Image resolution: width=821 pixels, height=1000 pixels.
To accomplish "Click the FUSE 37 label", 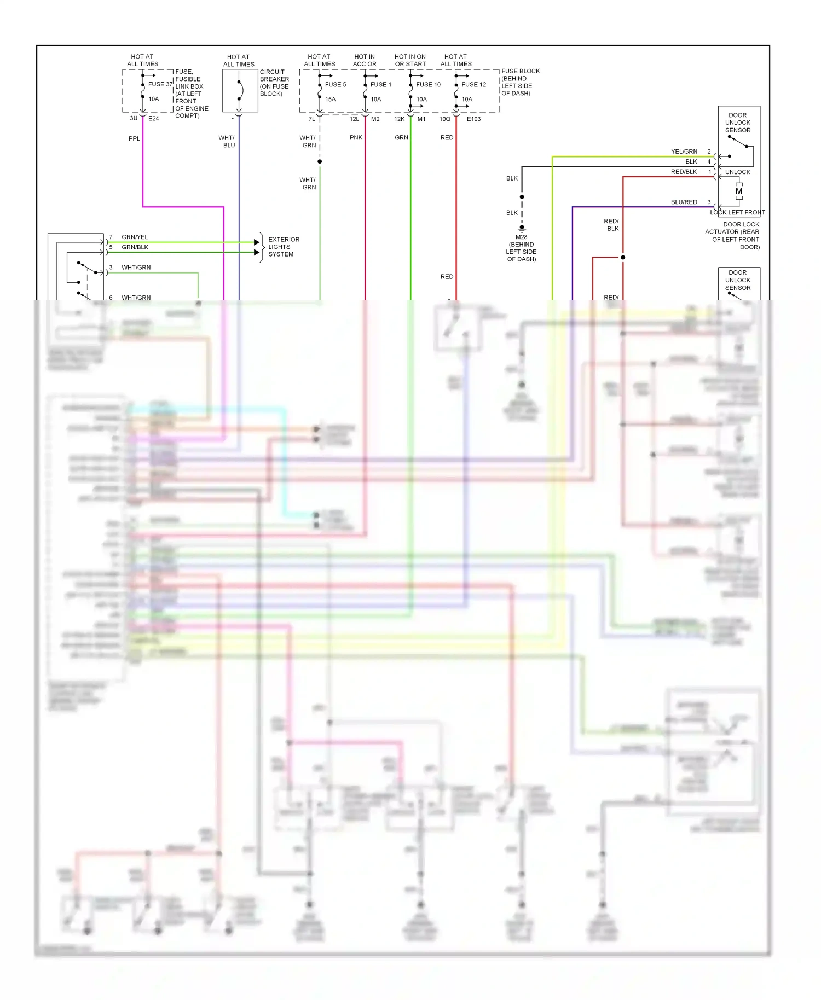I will pyautogui.click(x=160, y=84).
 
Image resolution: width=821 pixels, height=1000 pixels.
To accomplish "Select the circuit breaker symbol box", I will pyautogui.click(x=240, y=91).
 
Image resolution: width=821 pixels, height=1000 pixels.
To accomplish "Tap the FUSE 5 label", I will pyautogui.click(x=335, y=84).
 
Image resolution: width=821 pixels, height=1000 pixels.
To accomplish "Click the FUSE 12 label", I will pyautogui.click(x=473, y=84).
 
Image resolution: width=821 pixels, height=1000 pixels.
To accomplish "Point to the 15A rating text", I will pyautogui.click(x=330, y=99).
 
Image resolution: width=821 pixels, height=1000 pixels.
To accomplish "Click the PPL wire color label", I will pyautogui.click(x=134, y=138).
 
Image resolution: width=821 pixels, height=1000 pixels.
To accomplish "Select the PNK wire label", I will pyautogui.click(x=356, y=137).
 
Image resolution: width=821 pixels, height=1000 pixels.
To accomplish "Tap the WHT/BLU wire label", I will pyautogui.click(x=227, y=142).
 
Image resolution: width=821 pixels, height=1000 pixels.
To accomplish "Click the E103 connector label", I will pyautogui.click(x=473, y=119).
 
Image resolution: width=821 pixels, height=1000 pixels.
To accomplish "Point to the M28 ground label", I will pyautogui.click(x=521, y=237).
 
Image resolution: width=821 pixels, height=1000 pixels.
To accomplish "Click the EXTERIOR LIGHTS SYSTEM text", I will pyautogui.click(x=283, y=247).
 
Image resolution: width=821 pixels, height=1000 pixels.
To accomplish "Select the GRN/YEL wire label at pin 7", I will pyautogui.click(x=135, y=237).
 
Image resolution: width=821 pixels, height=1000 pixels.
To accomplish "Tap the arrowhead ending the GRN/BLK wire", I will pyautogui.click(x=257, y=252).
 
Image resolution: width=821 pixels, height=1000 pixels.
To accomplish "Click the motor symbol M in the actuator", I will pyautogui.click(x=739, y=191).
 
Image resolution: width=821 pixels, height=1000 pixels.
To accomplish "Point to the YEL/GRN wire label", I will pyautogui.click(x=684, y=152).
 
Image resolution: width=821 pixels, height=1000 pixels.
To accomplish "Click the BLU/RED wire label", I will pyautogui.click(x=684, y=202).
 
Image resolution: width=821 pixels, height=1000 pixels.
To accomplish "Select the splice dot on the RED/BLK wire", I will pyautogui.click(x=623, y=257).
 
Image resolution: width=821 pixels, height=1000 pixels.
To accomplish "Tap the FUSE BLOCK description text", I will pyautogui.click(x=520, y=82).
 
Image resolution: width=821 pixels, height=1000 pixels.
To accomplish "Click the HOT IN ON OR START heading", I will pyautogui.click(x=410, y=60).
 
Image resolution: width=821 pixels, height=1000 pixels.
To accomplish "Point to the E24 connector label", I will pyautogui.click(x=153, y=118).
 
